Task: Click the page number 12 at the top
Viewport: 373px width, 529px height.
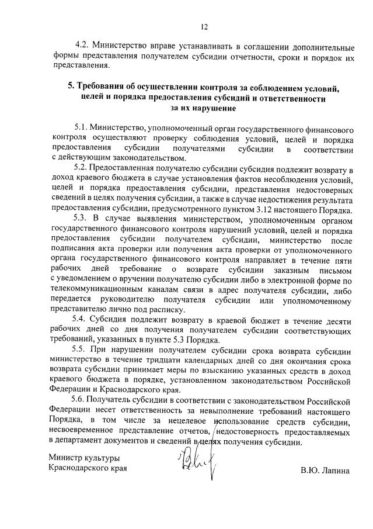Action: pos(204,26)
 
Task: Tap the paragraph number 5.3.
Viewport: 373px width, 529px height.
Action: pos(81,221)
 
